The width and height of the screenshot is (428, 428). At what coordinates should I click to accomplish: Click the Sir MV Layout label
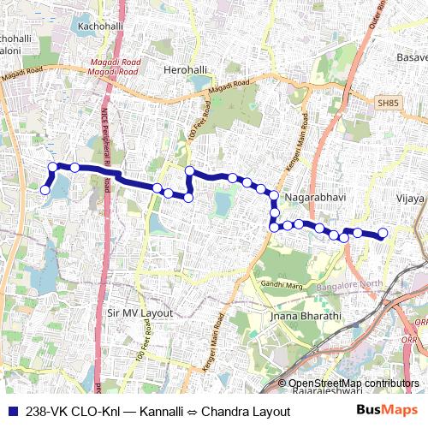click(x=140, y=313)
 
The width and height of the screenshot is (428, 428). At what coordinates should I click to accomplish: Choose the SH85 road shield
click(x=388, y=103)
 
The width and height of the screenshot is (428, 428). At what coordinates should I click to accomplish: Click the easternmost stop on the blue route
click(x=383, y=233)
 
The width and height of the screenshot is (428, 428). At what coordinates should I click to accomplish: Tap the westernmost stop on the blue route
click(x=45, y=191)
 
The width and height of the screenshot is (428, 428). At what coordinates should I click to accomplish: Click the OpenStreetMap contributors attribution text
click(x=354, y=384)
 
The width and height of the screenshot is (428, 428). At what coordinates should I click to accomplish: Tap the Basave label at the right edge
click(x=412, y=57)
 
